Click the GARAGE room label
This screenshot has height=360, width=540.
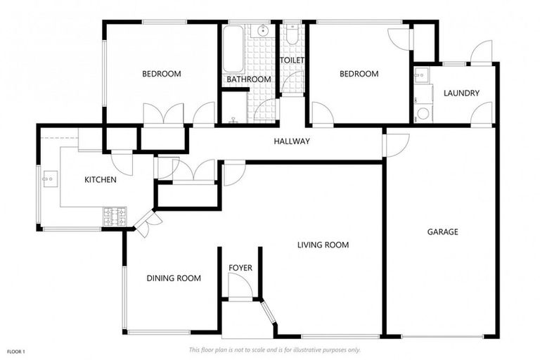point(443,232)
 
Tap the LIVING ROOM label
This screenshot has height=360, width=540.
point(323,245)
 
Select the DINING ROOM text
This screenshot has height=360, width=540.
point(174,278)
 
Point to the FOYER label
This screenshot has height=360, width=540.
point(240,268)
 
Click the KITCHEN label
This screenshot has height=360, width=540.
point(101,180)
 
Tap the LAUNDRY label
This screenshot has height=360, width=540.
point(462,94)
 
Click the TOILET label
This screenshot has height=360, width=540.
point(292,61)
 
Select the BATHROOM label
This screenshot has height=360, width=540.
point(249,79)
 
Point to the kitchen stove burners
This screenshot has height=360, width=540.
point(115,217)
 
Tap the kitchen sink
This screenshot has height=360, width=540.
point(49,179)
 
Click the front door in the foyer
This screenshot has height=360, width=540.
point(239,285)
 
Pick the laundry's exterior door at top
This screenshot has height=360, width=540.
point(481,53)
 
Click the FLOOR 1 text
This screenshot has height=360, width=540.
point(16,351)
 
